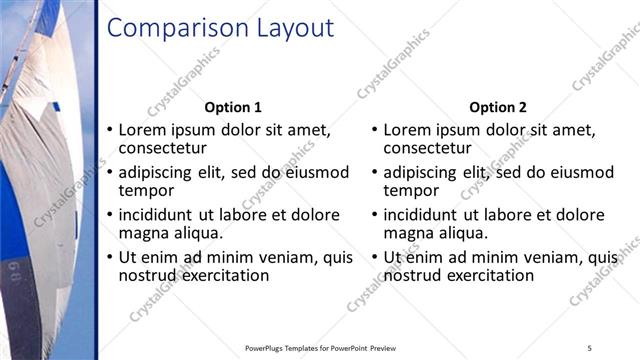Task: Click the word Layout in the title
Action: (290, 29)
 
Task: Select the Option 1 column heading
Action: (233, 107)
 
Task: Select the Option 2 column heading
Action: (497, 107)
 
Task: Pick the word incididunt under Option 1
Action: (162, 215)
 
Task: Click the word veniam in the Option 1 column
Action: (287, 258)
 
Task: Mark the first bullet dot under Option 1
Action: (110, 131)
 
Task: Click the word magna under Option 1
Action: (143, 233)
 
